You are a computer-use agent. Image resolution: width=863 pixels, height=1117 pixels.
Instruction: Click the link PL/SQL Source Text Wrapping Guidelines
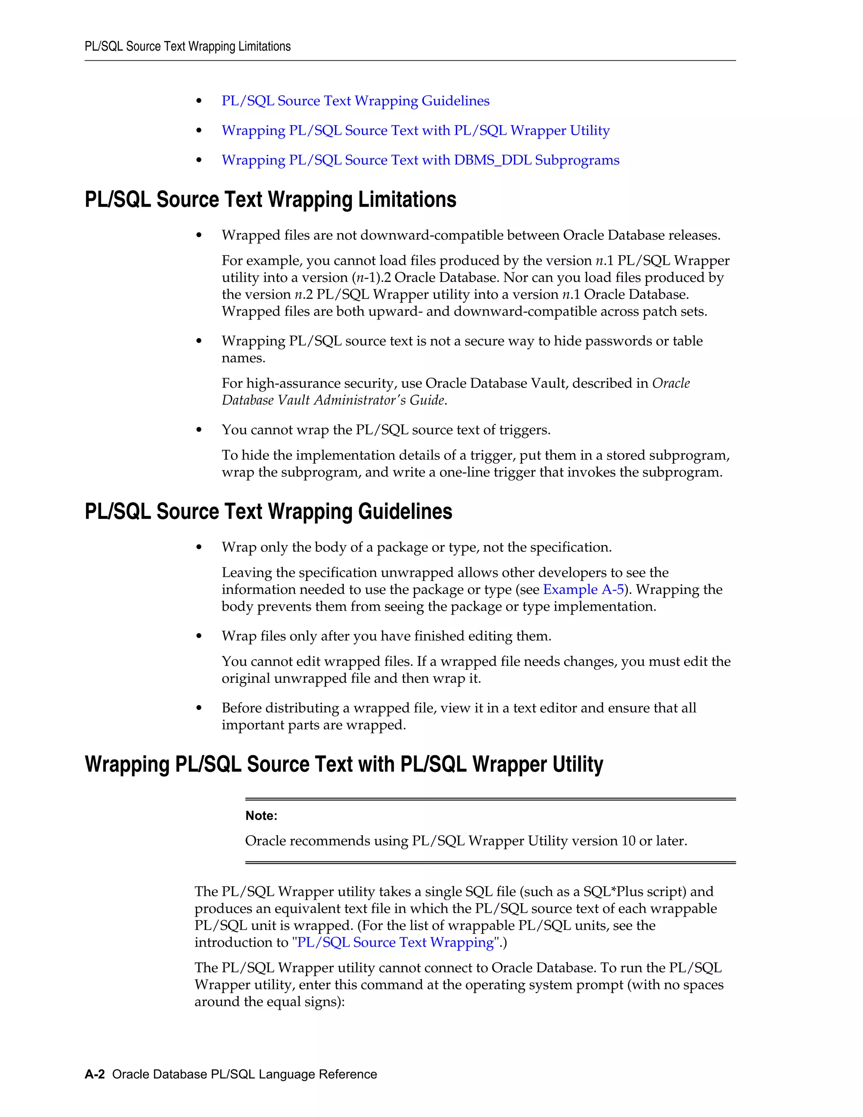click(x=355, y=101)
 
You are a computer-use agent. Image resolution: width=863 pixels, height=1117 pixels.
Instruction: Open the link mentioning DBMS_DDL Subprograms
click(x=420, y=160)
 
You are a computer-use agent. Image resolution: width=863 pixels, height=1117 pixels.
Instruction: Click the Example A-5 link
click(x=583, y=590)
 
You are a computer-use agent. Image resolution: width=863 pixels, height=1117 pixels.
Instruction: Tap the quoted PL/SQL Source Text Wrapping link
click(x=395, y=942)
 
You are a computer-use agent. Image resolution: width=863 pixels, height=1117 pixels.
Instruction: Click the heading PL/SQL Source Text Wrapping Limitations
click(x=270, y=199)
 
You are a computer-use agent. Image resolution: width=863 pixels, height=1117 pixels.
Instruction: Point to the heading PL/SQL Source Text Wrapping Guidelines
click(x=268, y=511)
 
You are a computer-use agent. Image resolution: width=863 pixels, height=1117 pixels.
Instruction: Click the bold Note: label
click(x=261, y=816)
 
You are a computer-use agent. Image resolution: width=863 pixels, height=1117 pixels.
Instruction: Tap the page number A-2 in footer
click(x=94, y=1074)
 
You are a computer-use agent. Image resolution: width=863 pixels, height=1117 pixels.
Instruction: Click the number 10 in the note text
click(x=628, y=841)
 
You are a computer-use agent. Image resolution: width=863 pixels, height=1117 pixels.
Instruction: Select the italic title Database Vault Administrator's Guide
click(x=333, y=400)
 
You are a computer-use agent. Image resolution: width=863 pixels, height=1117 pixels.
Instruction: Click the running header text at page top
click(x=188, y=46)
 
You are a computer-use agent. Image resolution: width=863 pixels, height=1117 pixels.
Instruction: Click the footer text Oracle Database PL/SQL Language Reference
click(x=244, y=1074)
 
